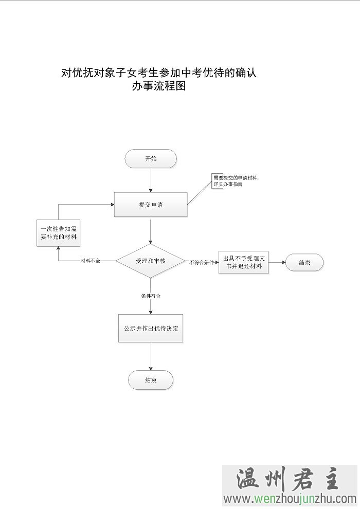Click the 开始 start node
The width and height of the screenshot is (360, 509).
click(x=151, y=159)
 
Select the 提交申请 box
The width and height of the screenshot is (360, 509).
click(x=151, y=205)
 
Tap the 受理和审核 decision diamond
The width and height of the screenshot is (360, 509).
click(x=151, y=261)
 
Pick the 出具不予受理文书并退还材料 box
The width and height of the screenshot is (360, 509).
click(x=243, y=262)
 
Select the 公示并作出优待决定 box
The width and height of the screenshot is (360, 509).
click(x=151, y=328)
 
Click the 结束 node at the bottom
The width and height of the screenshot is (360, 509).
click(x=151, y=380)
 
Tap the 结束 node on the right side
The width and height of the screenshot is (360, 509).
click(x=304, y=263)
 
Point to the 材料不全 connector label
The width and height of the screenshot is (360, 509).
click(x=91, y=261)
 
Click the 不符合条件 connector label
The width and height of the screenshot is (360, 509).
click(x=202, y=262)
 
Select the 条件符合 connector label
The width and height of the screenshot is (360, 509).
click(x=151, y=296)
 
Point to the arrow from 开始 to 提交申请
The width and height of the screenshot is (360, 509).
click(x=151, y=180)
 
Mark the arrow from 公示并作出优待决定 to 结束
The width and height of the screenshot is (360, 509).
click(x=151, y=357)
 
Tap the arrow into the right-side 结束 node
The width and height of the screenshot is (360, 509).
click(x=277, y=262)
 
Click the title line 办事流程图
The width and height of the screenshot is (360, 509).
click(x=158, y=86)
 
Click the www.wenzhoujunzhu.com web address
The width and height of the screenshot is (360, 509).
click(x=290, y=499)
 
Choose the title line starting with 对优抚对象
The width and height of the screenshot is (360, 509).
click(x=158, y=72)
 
